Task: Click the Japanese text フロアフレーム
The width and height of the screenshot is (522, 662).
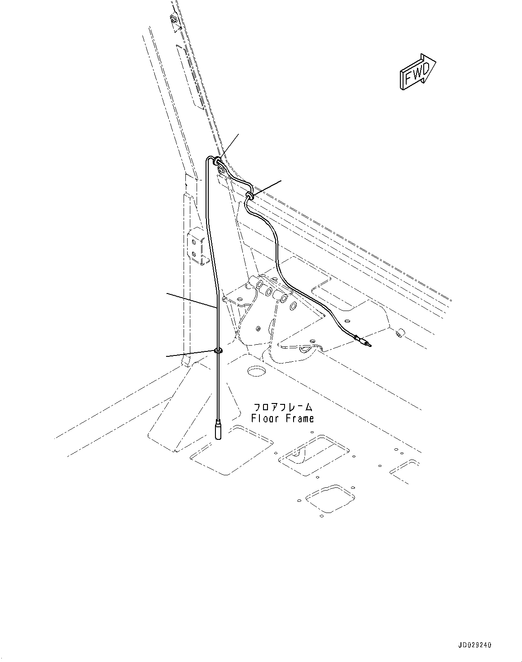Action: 283,408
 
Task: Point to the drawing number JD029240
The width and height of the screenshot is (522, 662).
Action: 475,645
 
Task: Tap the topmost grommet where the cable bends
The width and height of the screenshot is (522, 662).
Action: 218,159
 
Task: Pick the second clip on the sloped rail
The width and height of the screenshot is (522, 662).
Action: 250,195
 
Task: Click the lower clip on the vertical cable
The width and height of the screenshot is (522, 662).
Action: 218,351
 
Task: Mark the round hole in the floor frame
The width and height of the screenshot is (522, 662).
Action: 257,372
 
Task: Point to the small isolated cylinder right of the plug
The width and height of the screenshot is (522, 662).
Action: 398,333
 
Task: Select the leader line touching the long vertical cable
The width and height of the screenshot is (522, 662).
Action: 191,300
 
